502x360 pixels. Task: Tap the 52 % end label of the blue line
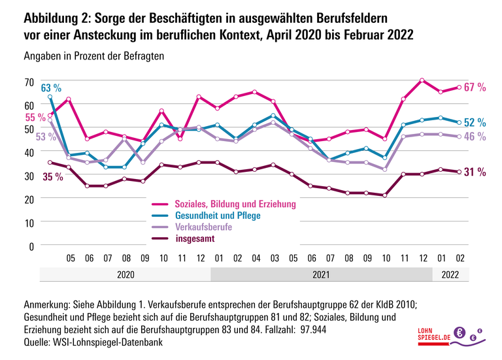475,122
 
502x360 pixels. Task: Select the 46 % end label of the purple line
475,137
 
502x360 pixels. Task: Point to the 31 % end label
475,172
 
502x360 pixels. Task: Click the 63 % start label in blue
51,88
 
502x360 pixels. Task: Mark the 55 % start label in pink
35,118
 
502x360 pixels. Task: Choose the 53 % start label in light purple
35,137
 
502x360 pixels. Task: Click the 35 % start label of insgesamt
52,176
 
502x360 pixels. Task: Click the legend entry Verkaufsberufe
204,227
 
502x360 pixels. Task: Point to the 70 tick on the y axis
29,82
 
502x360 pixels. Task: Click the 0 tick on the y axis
31,246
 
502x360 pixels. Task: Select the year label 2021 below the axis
321,274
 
